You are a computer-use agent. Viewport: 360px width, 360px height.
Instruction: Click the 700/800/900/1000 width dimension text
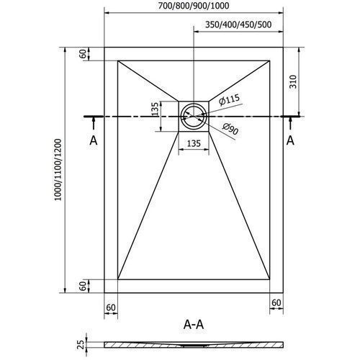tap(194, 6)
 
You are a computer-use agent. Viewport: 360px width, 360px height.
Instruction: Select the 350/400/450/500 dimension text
tap(238, 24)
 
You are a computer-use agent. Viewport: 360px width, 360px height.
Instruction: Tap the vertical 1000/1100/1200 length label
tap(58, 170)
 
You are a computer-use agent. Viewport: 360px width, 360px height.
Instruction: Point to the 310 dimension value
tap(293, 81)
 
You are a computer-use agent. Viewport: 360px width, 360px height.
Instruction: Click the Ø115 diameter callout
tap(229, 99)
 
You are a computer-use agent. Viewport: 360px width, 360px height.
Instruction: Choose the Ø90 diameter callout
tap(230, 129)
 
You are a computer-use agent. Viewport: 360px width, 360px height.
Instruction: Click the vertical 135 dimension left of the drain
tap(156, 109)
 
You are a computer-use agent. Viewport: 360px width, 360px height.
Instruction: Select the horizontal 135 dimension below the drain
tap(194, 143)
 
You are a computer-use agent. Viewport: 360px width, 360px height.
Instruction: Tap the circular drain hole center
tap(194, 117)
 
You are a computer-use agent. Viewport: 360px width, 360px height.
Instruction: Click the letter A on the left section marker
tap(94, 140)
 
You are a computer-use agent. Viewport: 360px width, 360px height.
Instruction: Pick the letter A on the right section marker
tap(290, 140)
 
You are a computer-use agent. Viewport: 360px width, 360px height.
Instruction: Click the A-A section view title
tap(194, 325)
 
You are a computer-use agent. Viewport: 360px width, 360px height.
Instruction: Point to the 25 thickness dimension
tap(82, 344)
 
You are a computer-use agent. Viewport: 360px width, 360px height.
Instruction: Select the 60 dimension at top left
tap(83, 54)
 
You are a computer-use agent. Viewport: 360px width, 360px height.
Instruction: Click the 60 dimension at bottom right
tap(276, 303)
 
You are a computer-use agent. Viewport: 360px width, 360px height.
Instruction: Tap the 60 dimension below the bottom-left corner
tap(111, 307)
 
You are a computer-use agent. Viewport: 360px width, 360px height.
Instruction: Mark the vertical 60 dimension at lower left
tap(83, 286)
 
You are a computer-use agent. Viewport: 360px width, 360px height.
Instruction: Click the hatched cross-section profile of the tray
tap(194, 345)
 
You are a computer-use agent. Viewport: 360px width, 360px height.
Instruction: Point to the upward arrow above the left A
tap(94, 123)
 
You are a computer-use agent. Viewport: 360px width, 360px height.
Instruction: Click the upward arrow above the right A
tap(290, 123)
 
